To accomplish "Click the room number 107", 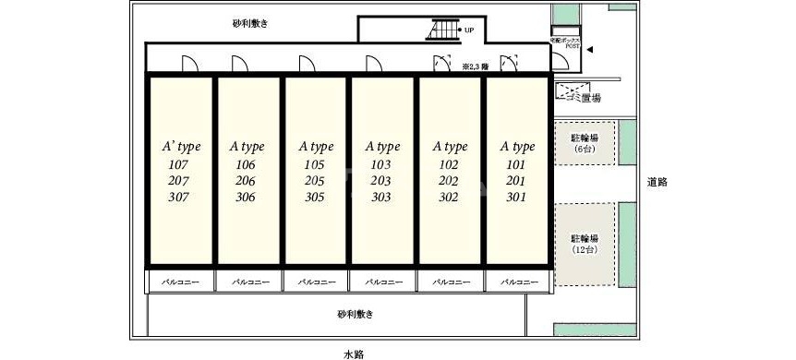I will click(x=179, y=165).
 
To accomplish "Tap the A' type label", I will click(x=181, y=147).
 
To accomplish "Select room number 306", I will click(x=246, y=198).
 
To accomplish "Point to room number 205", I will click(x=314, y=181).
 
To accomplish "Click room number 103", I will click(x=381, y=165).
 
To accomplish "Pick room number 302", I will click(x=449, y=198).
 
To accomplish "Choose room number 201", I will click(x=516, y=181).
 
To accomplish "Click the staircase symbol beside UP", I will click(x=442, y=30).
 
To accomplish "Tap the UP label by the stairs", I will click(x=469, y=30).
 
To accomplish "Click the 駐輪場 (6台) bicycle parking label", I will click(x=584, y=142).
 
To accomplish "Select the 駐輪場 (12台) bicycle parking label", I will click(x=584, y=244).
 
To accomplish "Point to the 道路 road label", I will click(x=657, y=183).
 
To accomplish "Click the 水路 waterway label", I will click(x=354, y=353).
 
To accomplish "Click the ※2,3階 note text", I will click(x=476, y=66).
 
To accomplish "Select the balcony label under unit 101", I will click(x=518, y=281).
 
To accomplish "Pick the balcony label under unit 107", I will click(x=181, y=281).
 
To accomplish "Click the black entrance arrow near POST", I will click(x=592, y=52).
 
